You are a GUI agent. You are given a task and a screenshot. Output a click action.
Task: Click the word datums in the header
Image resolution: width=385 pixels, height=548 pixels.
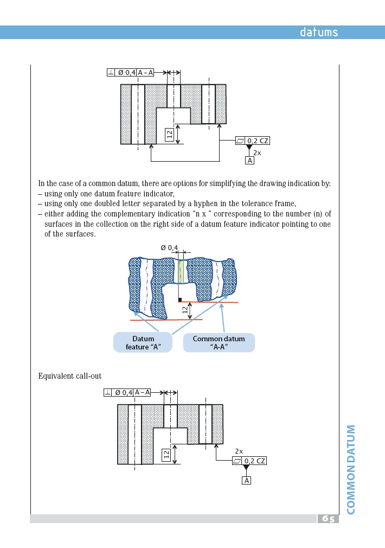[x=319, y=33]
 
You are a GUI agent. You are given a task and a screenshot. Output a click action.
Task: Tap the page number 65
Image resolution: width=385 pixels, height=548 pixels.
[x=328, y=519]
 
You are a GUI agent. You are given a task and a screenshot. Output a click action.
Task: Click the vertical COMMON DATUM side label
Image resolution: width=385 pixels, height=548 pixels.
[x=351, y=469]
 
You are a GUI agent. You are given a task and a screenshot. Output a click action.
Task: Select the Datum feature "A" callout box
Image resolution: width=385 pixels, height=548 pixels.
[x=143, y=343]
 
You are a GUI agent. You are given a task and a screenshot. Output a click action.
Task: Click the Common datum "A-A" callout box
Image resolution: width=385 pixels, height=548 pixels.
[x=219, y=343]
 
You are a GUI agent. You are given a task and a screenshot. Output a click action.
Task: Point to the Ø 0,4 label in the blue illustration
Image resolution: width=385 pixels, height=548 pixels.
[x=169, y=248]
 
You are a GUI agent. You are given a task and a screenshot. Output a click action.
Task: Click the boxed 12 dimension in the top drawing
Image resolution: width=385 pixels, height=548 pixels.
[x=169, y=135]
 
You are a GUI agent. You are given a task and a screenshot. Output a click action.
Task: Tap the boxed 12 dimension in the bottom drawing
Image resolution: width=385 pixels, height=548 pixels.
[x=166, y=455]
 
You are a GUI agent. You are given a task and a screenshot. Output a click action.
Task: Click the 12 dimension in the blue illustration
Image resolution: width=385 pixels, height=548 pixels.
[x=185, y=310]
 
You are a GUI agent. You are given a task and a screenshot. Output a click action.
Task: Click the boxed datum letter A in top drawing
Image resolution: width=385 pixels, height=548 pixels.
[x=249, y=161]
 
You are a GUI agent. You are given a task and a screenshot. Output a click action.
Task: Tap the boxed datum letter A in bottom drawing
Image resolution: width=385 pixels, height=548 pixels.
[x=246, y=481]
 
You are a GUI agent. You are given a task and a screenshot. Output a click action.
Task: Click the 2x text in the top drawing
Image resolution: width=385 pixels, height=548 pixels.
[x=257, y=153]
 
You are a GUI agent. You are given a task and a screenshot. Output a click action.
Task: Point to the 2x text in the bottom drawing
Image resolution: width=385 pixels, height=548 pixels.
[x=239, y=451]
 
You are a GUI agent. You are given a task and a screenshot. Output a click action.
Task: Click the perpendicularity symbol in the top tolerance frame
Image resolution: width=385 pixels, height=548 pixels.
[x=111, y=72]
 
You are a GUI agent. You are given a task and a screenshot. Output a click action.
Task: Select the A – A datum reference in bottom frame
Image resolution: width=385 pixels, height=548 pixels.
[x=142, y=392]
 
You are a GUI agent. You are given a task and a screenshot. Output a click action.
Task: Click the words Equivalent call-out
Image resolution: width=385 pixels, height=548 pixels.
[x=70, y=376]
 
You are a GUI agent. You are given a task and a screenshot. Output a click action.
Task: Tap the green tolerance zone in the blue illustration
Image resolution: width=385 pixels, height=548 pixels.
[x=181, y=271]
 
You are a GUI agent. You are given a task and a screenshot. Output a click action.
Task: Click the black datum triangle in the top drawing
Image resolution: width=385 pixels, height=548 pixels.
[x=249, y=148]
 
